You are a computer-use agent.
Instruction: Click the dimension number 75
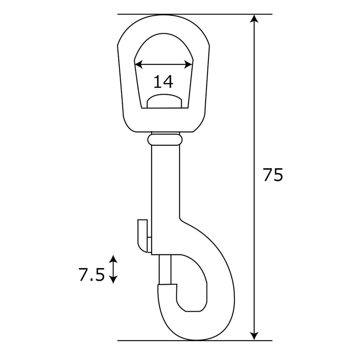pos(273,175)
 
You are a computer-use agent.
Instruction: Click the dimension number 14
pos(163,82)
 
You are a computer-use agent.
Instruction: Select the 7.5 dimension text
pos(92,274)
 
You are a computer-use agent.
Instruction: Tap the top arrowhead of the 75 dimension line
pos(255,19)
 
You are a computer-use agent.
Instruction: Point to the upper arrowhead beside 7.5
pos(113,258)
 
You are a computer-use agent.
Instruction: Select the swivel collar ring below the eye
pos(166,140)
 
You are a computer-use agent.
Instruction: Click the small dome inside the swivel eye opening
pos(165,102)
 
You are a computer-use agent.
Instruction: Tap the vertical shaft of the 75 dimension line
pos(255,112)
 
